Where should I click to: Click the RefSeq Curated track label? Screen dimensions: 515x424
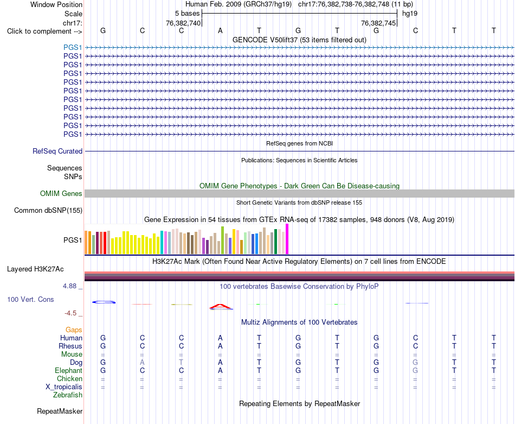pos(57,151)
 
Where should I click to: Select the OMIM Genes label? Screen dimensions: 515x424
pos(61,193)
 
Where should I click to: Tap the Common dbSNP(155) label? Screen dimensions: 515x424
pos(48,211)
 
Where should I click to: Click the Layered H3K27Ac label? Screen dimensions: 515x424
pos(35,269)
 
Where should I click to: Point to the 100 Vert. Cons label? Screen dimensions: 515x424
pos(30,299)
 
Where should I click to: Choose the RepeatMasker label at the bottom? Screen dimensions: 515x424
pos(60,411)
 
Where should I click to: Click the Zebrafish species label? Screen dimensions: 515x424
pos(68,395)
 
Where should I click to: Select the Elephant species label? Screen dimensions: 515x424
pos(69,371)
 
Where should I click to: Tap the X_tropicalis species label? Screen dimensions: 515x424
pos(64,387)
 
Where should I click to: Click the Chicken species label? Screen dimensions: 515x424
pos(69,378)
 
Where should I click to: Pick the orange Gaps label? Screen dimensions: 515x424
pos(74,330)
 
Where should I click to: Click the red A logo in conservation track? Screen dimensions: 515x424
pos(221,307)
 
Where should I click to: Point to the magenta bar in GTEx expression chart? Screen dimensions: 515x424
pos(287,239)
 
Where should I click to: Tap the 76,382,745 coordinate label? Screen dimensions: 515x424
pos(378,23)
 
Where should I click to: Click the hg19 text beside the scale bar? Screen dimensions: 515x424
pos(410,14)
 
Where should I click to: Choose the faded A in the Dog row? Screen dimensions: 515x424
pos(142,363)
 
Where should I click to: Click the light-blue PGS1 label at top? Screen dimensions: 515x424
pos(73,48)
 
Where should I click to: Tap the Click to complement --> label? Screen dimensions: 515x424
pos(44,31)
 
